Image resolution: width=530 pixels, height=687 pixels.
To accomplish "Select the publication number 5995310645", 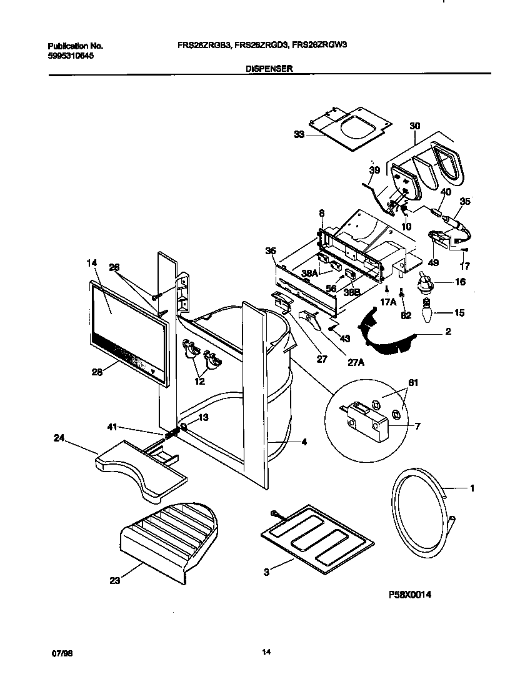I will (71, 56).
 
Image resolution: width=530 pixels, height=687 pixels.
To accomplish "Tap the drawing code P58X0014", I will (409, 595).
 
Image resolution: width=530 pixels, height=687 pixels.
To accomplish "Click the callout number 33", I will (299, 134).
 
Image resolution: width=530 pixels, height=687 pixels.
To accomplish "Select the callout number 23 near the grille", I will (114, 580).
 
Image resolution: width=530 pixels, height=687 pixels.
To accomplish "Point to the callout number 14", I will (91, 263).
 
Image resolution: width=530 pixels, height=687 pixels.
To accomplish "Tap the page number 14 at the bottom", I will (266, 653).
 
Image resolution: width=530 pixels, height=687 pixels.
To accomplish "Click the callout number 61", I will (395, 382).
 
